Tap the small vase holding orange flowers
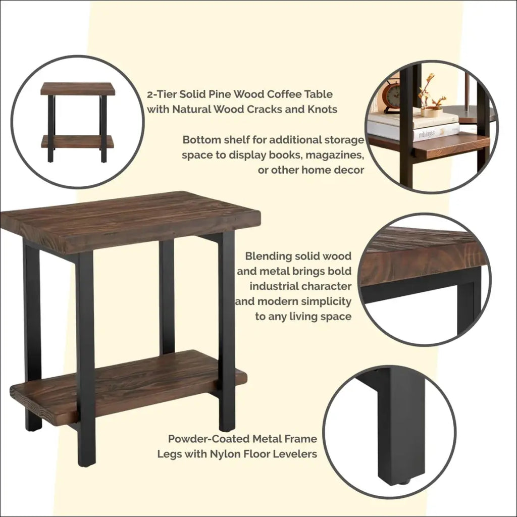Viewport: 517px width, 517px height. coord(432,113)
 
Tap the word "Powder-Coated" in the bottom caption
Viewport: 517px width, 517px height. coord(209,439)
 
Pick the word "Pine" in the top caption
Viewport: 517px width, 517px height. coord(220,94)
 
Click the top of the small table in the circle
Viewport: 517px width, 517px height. coord(78,89)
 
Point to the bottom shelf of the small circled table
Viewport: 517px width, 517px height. coord(77,142)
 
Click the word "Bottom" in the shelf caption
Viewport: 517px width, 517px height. coord(201,140)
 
